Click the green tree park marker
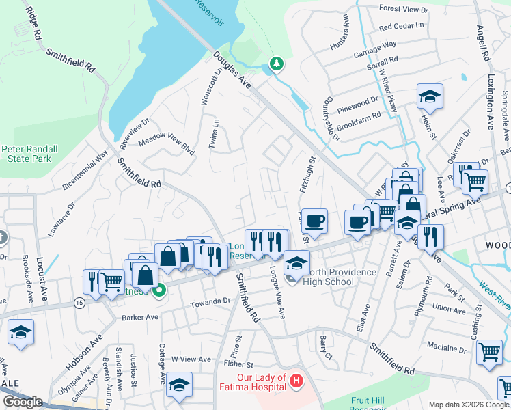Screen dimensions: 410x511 tap(276, 64)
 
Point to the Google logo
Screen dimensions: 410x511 tap(23, 402)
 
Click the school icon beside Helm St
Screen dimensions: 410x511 tap(430, 96)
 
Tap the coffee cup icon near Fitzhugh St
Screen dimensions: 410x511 tap(314, 221)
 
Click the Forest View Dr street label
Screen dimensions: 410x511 tap(403, 10)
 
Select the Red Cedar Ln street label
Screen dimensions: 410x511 tap(402, 26)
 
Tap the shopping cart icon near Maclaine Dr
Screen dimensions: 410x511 tap(490, 352)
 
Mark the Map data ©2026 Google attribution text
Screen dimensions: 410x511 tap(468, 404)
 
